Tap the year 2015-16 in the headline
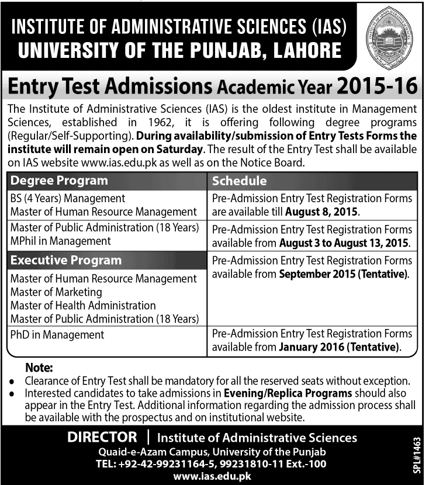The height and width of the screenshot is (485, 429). point(376,88)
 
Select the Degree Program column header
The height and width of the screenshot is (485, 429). point(60,181)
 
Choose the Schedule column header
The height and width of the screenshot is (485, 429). point(240,181)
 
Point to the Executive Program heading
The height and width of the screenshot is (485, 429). point(66,261)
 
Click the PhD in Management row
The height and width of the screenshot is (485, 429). point(57,335)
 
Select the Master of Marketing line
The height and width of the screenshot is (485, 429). point(56,292)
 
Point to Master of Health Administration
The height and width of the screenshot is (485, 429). point(83,305)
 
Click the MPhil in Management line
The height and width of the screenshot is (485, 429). point(61,241)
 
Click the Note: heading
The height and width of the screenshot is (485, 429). point(39,368)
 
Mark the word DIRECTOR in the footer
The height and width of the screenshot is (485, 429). point(102,437)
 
